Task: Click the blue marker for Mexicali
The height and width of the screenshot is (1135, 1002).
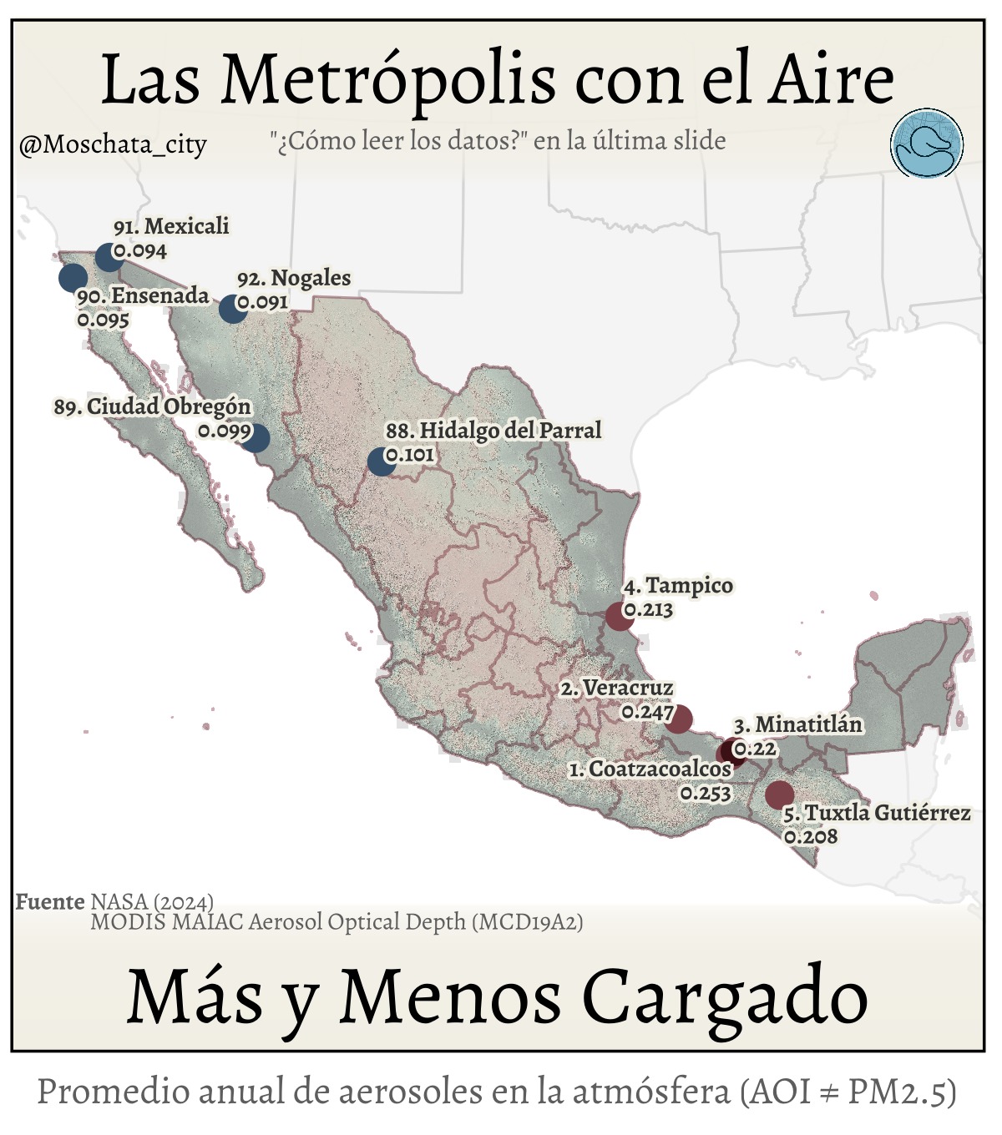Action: click(109, 257)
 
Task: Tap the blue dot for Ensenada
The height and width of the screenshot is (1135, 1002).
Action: click(73, 277)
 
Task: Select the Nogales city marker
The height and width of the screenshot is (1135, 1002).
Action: click(232, 309)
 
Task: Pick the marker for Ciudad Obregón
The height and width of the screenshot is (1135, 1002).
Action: click(256, 437)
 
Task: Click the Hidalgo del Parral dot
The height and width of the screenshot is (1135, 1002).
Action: click(381, 462)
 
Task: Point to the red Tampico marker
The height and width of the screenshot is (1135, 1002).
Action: click(619, 616)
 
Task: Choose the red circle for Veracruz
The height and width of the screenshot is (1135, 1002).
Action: click(679, 719)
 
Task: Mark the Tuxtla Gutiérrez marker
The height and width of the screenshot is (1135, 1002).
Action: click(779, 794)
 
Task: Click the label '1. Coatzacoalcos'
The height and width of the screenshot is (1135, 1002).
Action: click(650, 769)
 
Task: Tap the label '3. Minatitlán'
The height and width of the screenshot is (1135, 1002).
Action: click(798, 724)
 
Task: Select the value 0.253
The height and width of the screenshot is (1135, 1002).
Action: click(706, 793)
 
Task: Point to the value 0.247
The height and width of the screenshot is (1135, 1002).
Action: click(647, 713)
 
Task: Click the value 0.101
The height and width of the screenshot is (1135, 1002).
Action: click(410, 456)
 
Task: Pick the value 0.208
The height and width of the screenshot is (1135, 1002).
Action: click(811, 835)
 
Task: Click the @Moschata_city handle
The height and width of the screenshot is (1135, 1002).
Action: click(112, 144)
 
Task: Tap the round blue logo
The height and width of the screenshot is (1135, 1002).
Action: click(927, 144)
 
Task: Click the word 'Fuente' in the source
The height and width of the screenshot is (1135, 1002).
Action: click(50, 901)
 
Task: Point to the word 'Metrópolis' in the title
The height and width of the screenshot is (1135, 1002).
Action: click(387, 79)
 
